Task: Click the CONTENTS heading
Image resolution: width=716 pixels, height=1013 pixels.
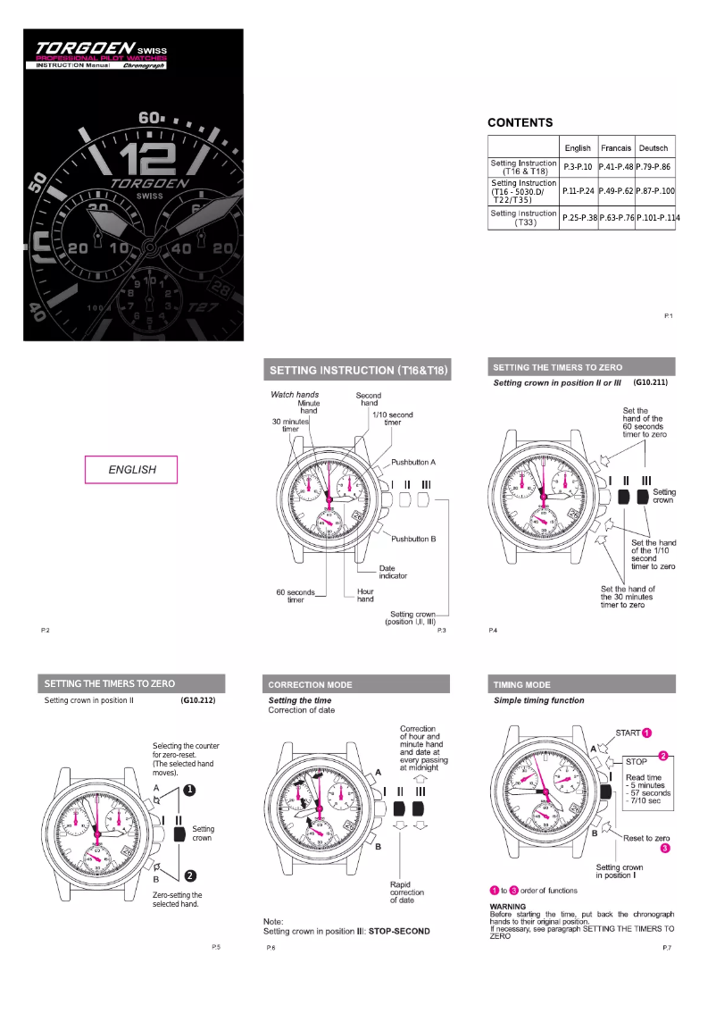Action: (x=520, y=122)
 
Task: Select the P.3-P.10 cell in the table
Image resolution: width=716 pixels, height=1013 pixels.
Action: (x=578, y=167)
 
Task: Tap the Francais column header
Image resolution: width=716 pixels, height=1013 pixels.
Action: (x=615, y=147)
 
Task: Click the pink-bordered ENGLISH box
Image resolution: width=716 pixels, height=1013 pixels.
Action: (x=131, y=470)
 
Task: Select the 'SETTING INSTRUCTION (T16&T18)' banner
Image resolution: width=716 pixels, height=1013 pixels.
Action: (x=357, y=370)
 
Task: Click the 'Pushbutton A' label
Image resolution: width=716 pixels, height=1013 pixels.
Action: (x=413, y=463)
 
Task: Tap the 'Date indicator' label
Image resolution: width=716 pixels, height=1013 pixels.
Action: (x=393, y=572)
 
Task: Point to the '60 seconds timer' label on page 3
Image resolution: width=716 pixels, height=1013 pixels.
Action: (x=296, y=595)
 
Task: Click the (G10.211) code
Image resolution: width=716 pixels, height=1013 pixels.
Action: (x=650, y=382)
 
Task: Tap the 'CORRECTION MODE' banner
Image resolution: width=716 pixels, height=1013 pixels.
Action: (x=310, y=685)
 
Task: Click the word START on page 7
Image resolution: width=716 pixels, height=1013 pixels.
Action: (x=628, y=733)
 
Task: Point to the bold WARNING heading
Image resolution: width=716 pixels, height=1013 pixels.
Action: (x=509, y=907)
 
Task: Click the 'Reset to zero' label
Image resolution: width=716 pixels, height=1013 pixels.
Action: (x=646, y=838)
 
